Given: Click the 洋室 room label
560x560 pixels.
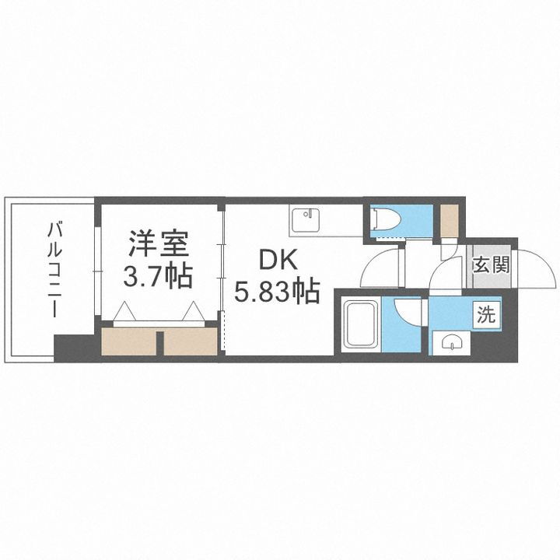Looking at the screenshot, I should (159, 244).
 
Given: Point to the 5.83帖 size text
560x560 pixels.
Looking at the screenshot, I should (278, 292).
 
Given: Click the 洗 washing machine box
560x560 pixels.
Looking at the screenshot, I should (485, 315).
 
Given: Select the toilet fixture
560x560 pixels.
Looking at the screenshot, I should (387, 219).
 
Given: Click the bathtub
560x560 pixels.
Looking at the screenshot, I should (360, 324).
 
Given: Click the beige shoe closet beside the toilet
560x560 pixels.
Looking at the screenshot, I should (450, 221).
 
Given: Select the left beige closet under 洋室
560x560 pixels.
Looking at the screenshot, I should (128, 343).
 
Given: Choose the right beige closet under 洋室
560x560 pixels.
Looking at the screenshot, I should (191, 343).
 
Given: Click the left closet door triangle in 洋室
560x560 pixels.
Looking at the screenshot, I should (124, 312).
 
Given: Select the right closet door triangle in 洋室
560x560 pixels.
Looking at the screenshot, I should (194, 312).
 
